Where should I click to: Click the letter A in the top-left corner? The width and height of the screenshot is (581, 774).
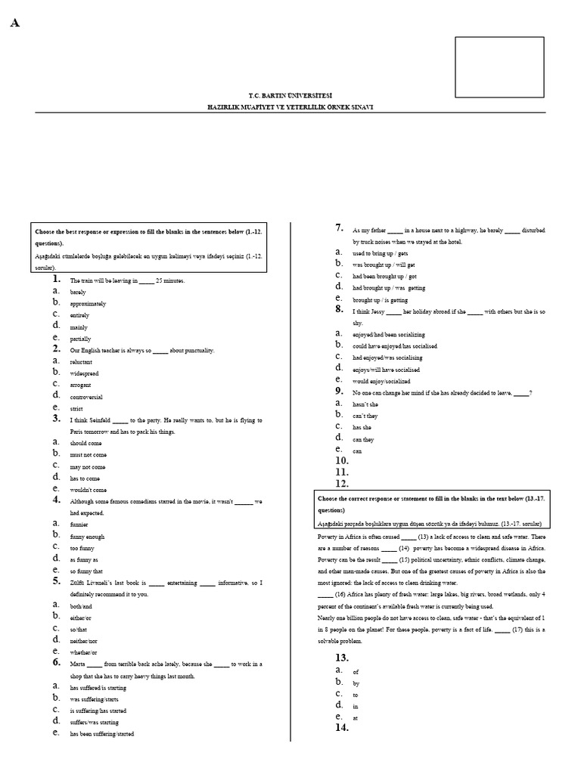(15, 23)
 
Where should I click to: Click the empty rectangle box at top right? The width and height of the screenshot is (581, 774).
(499, 67)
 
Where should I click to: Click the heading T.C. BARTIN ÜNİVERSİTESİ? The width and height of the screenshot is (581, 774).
(290, 96)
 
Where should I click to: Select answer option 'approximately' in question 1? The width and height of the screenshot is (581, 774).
(88, 303)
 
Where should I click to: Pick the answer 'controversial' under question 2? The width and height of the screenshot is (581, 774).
(86, 397)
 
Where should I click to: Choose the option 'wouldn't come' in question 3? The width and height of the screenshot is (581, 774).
(89, 490)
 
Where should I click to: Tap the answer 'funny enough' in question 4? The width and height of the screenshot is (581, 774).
(87, 536)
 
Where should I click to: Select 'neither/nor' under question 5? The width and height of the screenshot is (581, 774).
(83, 640)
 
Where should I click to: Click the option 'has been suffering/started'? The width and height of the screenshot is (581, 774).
(102, 733)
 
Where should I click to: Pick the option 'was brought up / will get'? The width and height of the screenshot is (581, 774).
(384, 265)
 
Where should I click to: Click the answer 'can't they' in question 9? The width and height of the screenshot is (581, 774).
(365, 416)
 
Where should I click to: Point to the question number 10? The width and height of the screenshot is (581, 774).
(342, 460)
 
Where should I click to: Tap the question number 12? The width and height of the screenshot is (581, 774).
(342, 484)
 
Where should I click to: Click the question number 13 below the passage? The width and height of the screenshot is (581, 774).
(342, 658)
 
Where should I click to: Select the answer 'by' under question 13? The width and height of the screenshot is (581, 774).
(356, 683)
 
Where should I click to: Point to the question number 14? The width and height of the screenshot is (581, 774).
(342, 728)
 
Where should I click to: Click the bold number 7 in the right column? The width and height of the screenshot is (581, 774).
(340, 228)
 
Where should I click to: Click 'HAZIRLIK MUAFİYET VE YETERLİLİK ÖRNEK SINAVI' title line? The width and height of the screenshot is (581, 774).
(290, 107)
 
